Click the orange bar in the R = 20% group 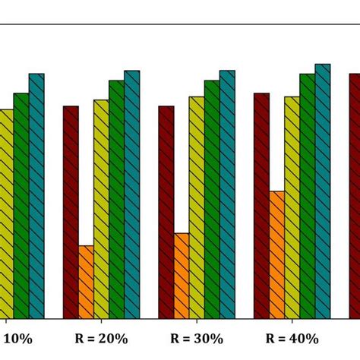(86, 282)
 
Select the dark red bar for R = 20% (71, 212)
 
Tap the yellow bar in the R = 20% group (101, 209)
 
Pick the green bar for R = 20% (116, 199)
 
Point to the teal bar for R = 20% (131, 194)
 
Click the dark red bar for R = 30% (166, 212)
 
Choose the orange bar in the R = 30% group (182, 276)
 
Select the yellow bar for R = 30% (197, 207)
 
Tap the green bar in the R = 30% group (212, 199)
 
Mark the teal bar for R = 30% (227, 194)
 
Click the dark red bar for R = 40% (261, 205)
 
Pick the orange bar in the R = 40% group (276, 254)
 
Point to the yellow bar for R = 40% (292, 207)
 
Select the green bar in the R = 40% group (307, 196)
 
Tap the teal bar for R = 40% (323, 191)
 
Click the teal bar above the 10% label (36, 196)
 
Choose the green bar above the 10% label (21, 206)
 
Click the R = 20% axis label (102, 339)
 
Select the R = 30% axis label (197, 339)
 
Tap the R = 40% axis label (292, 339)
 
